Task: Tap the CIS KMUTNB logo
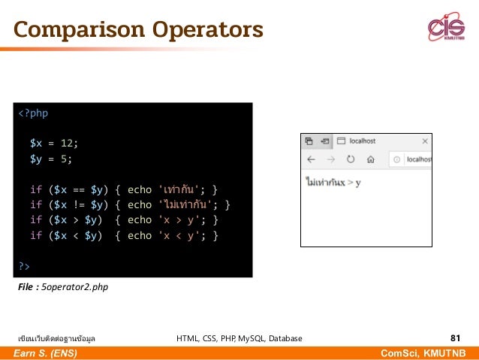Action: click(x=446, y=28)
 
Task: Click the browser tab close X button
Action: click(x=425, y=141)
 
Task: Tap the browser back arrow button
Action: click(x=311, y=159)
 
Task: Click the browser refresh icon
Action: click(x=350, y=159)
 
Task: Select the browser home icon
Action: click(x=370, y=159)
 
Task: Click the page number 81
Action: click(x=455, y=338)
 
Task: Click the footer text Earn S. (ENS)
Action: click(x=44, y=353)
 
